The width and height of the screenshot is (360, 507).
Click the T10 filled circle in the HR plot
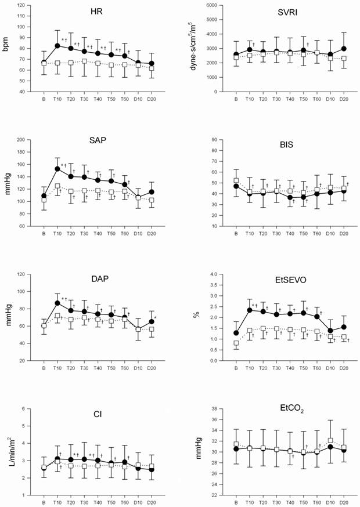click(57, 45)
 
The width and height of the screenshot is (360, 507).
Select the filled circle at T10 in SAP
click(57, 169)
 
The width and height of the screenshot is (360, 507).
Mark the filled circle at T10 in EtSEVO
click(250, 310)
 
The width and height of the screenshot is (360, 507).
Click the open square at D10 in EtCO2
click(330, 440)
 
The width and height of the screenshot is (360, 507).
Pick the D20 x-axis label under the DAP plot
click(152, 367)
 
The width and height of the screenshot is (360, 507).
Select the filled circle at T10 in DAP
click(57, 303)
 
